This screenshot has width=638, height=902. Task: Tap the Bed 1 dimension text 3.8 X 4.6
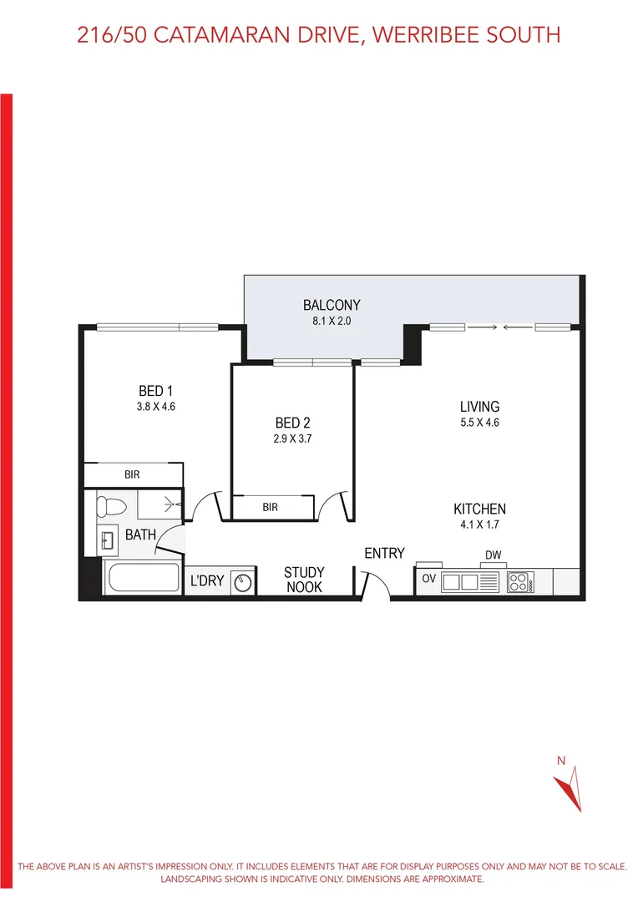(x=155, y=407)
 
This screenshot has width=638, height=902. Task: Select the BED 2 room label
(x=292, y=423)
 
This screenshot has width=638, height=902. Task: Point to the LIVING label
(x=479, y=407)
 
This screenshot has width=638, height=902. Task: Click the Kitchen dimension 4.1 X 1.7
(x=479, y=524)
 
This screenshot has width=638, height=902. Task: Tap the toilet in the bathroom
(x=109, y=506)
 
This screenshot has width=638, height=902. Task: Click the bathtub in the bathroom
(x=141, y=578)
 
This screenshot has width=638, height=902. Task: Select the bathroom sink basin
(x=108, y=540)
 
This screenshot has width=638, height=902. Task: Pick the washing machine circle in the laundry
(x=243, y=581)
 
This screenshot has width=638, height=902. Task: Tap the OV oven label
(x=429, y=579)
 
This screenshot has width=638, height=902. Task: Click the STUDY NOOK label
(x=304, y=580)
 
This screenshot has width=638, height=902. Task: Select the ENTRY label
(x=384, y=553)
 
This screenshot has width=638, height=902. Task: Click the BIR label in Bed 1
(x=132, y=474)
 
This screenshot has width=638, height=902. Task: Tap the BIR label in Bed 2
(x=270, y=507)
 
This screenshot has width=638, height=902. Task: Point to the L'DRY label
(x=207, y=580)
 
